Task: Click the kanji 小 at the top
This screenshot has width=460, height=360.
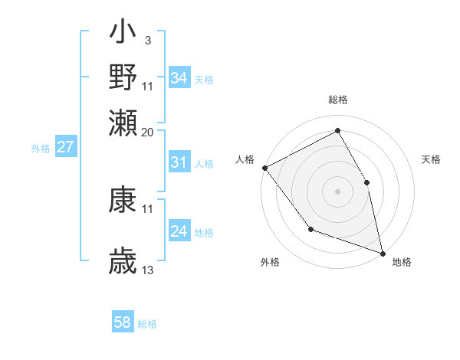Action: [123, 35]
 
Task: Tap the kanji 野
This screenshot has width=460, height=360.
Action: [123, 77]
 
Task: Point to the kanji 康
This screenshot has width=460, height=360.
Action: [123, 200]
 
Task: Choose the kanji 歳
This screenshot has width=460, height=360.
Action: [123, 260]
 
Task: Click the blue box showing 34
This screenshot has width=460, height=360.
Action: [179, 78]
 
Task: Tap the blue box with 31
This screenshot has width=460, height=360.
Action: [179, 162]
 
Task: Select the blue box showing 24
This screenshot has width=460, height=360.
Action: [179, 231]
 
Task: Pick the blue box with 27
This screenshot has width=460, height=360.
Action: [66, 147]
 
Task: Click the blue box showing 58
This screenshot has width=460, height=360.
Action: [123, 322]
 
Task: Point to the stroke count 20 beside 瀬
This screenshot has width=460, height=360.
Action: [147, 132]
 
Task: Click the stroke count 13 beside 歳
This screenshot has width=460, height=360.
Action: [148, 270]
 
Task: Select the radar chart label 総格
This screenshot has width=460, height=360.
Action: [337, 100]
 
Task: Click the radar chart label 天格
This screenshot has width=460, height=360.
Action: [431, 159]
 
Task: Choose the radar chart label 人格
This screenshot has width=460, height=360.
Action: [245, 159]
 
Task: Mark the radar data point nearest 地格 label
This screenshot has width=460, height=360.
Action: [383, 253]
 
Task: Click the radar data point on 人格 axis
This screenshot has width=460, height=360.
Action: [264, 168]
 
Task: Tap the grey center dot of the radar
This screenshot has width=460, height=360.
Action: [337, 191]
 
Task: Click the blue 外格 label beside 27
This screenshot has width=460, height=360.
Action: [41, 149]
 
